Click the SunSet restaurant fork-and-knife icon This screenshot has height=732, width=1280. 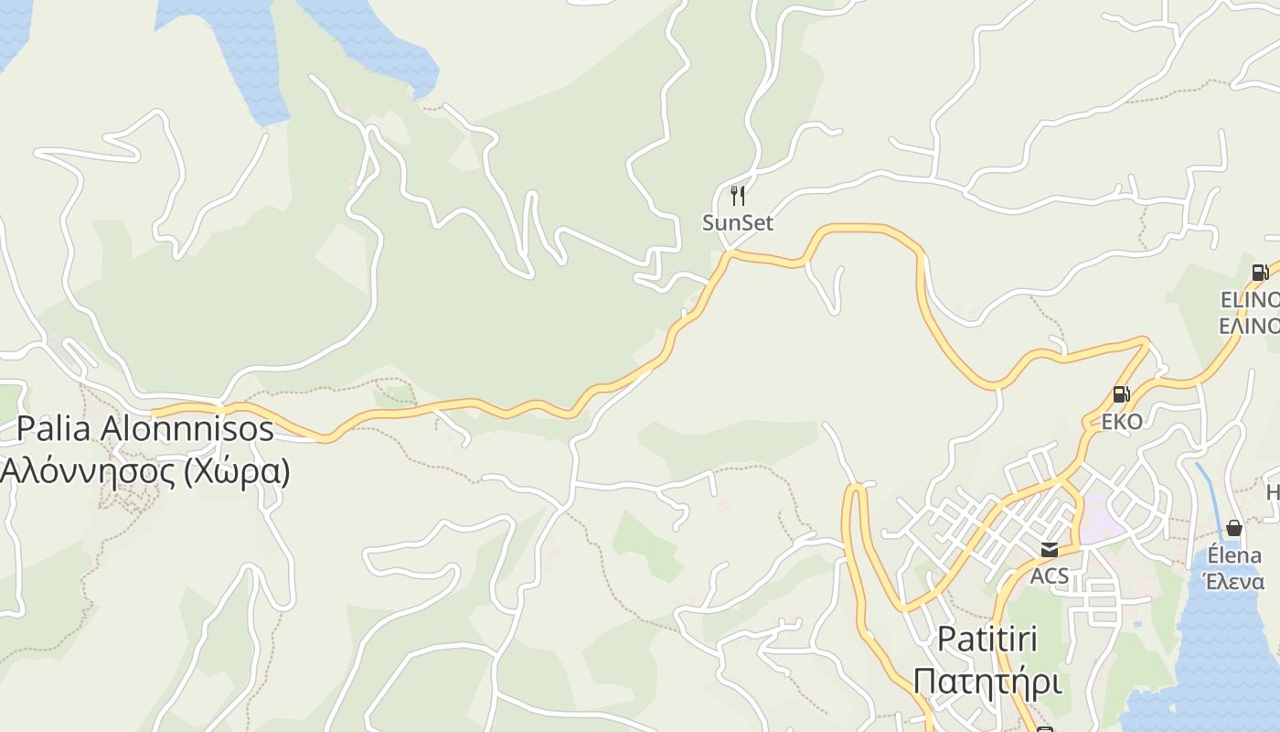[x=738, y=195]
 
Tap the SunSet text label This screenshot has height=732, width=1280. [x=738, y=222]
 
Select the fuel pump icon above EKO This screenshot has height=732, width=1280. [x=1121, y=394]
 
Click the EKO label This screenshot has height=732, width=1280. [x=1122, y=422]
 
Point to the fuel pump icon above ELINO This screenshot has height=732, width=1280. [x=1260, y=272]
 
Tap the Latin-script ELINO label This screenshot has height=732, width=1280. [x=1251, y=299]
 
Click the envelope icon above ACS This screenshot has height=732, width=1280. [x=1049, y=549]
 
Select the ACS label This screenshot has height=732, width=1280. [x=1050, y=576]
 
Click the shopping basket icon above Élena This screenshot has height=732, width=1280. [x=1234, y=528]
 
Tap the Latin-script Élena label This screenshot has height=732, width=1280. [x=1234, y=555]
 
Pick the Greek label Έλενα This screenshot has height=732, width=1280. [x=1233, y=582]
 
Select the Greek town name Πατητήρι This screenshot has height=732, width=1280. [x=987, y=682]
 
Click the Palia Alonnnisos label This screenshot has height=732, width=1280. [x=145, y=427]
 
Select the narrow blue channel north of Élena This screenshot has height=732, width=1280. [x=1208, y=494]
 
